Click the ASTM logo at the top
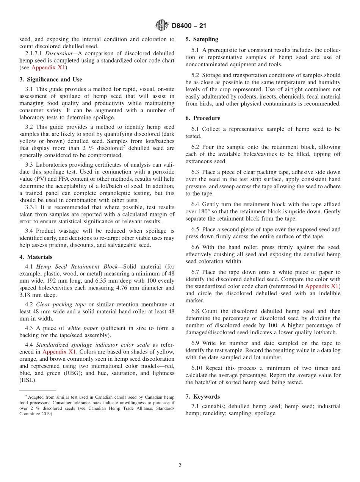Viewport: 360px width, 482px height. pos(162,26)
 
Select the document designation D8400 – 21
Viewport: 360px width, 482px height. pos(189,26)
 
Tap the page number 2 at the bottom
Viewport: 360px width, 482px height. pos(180,466)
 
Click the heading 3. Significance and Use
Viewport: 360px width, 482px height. pos(50,80)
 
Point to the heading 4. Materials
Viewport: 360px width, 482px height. pos(36,257)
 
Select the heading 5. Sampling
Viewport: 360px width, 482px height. pos(202,39)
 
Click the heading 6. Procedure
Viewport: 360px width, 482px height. pos(203,118)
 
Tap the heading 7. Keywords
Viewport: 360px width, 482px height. pos(202,397)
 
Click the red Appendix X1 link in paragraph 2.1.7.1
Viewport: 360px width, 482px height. pos(48,68)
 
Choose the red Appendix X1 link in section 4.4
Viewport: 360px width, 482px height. pos(59,352)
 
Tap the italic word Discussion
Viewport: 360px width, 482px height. pos(58,53)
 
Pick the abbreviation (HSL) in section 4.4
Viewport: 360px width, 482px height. pos(28,380)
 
